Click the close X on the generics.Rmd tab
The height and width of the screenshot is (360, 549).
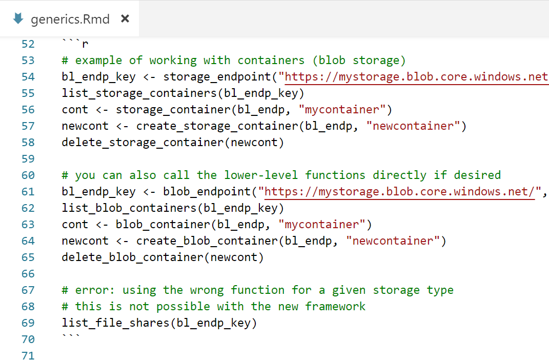point(125,19)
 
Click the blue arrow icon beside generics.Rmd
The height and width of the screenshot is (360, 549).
point(18,19)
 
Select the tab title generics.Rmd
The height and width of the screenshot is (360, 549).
point(70,19)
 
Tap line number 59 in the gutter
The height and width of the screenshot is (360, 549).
point(28,158)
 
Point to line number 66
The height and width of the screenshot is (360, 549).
point(28,273)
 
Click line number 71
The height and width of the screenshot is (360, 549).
point(28,355)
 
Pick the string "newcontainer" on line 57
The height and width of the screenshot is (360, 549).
point(413,126)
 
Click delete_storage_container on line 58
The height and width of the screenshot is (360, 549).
point(143,143)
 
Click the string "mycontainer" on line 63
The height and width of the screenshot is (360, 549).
point(322,225)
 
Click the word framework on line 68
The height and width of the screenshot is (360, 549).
point(335,307)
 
